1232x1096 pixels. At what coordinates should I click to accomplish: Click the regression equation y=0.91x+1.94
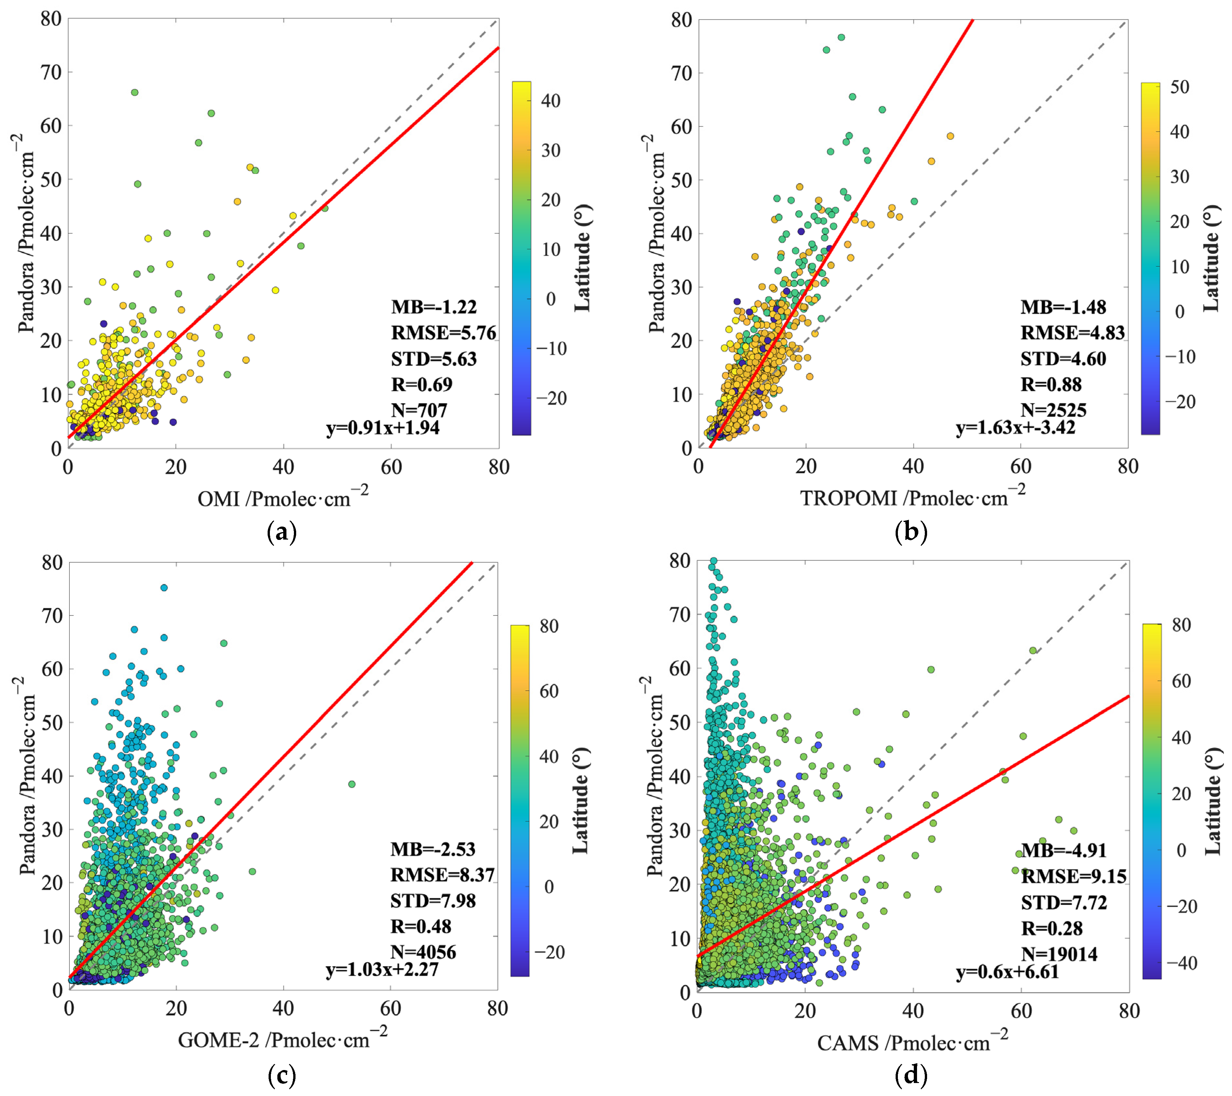383,428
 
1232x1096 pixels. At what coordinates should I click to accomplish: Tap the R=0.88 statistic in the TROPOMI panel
1051,384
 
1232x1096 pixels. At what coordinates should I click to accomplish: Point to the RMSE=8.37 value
442,875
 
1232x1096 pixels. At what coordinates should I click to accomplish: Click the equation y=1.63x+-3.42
1016,428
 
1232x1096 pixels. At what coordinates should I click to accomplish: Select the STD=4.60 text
1063,359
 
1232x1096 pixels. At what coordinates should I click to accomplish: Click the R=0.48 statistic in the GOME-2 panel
421,927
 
